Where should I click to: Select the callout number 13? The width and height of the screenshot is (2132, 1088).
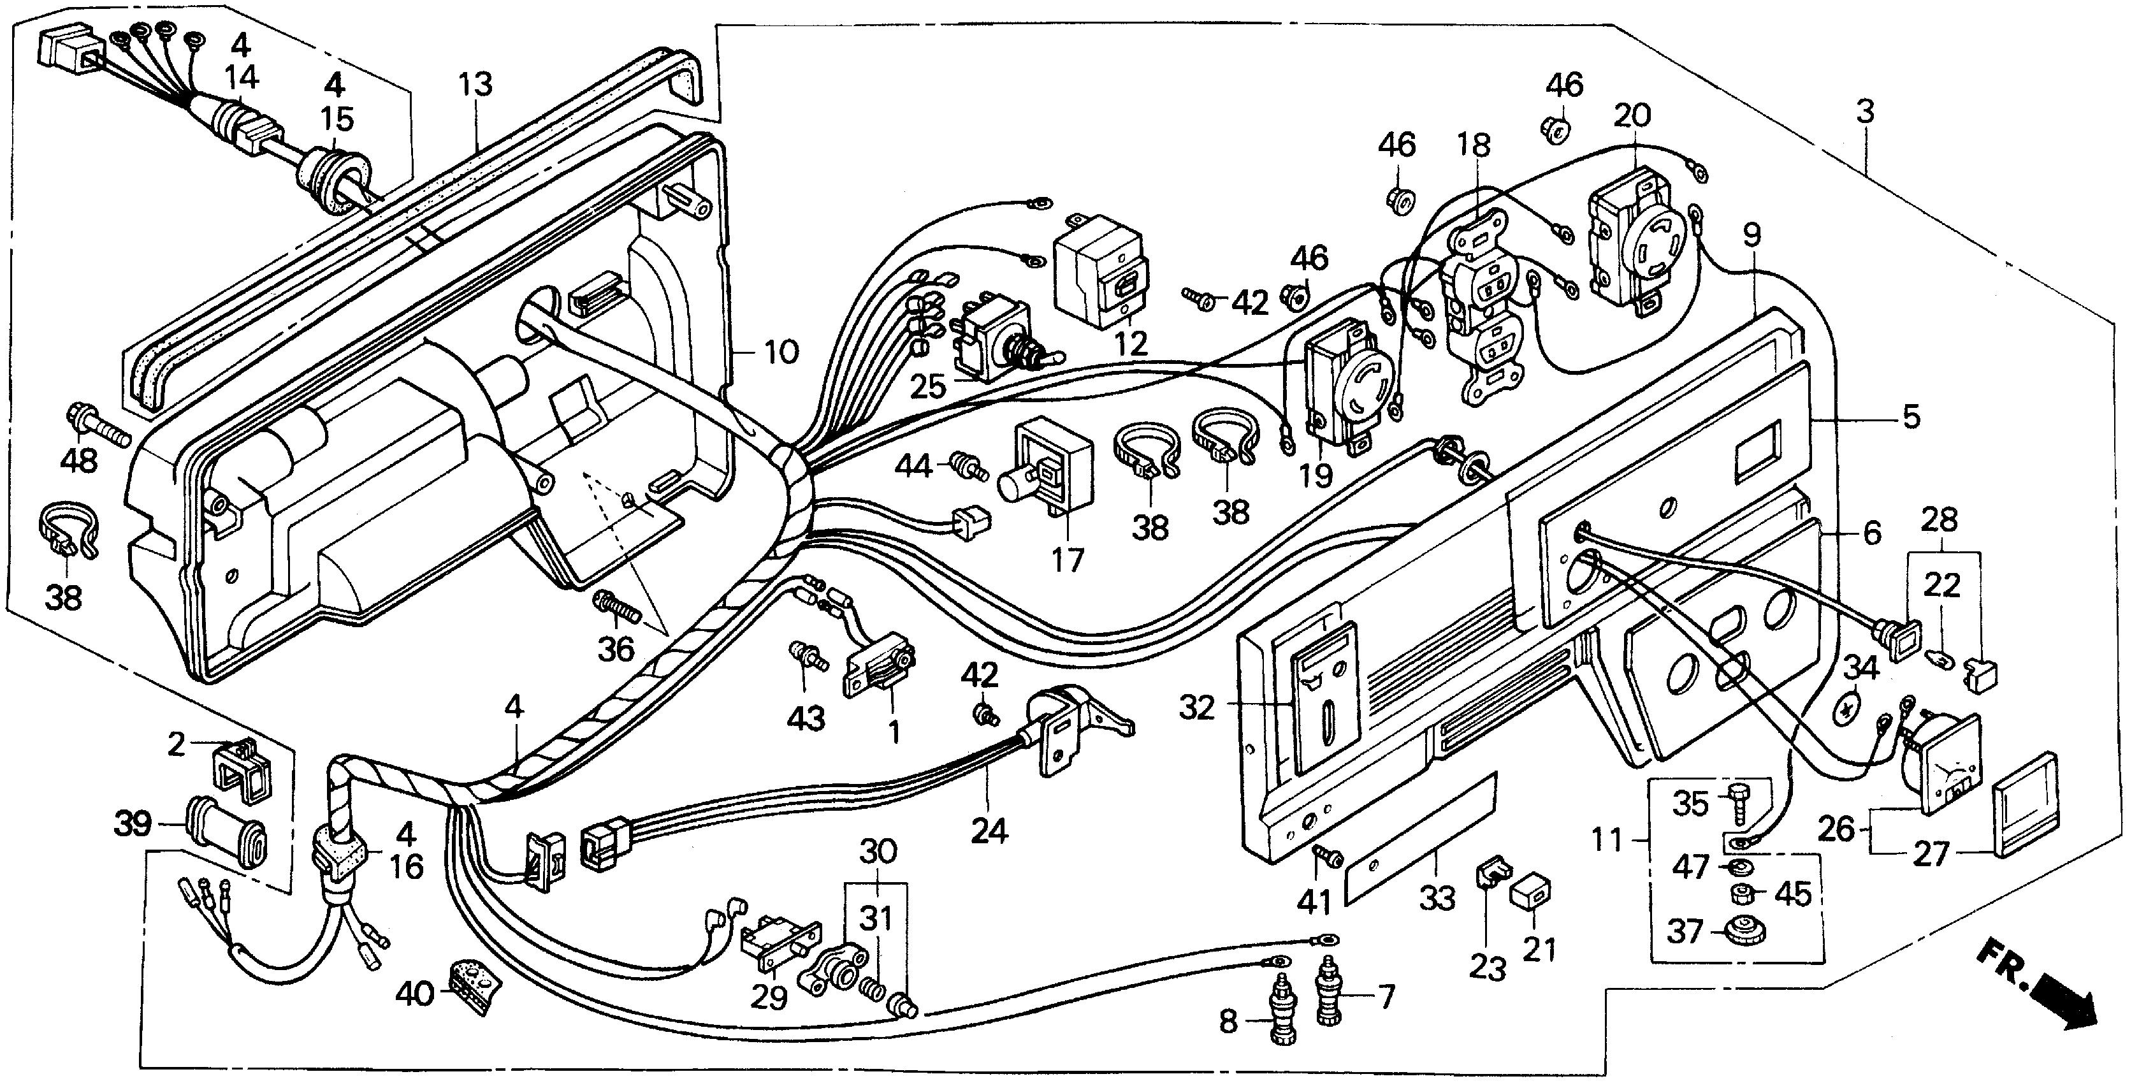(x=476, y=84)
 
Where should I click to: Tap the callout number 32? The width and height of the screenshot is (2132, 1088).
(x=1197, y=708)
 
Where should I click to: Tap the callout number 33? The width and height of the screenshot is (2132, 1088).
(x=1437, y=897)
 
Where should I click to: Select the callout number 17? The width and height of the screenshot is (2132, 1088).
(x=1068, y=561)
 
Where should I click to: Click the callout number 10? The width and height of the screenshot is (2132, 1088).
(x=781, y=352)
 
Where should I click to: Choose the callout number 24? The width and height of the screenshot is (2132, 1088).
(x=989, y=831)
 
